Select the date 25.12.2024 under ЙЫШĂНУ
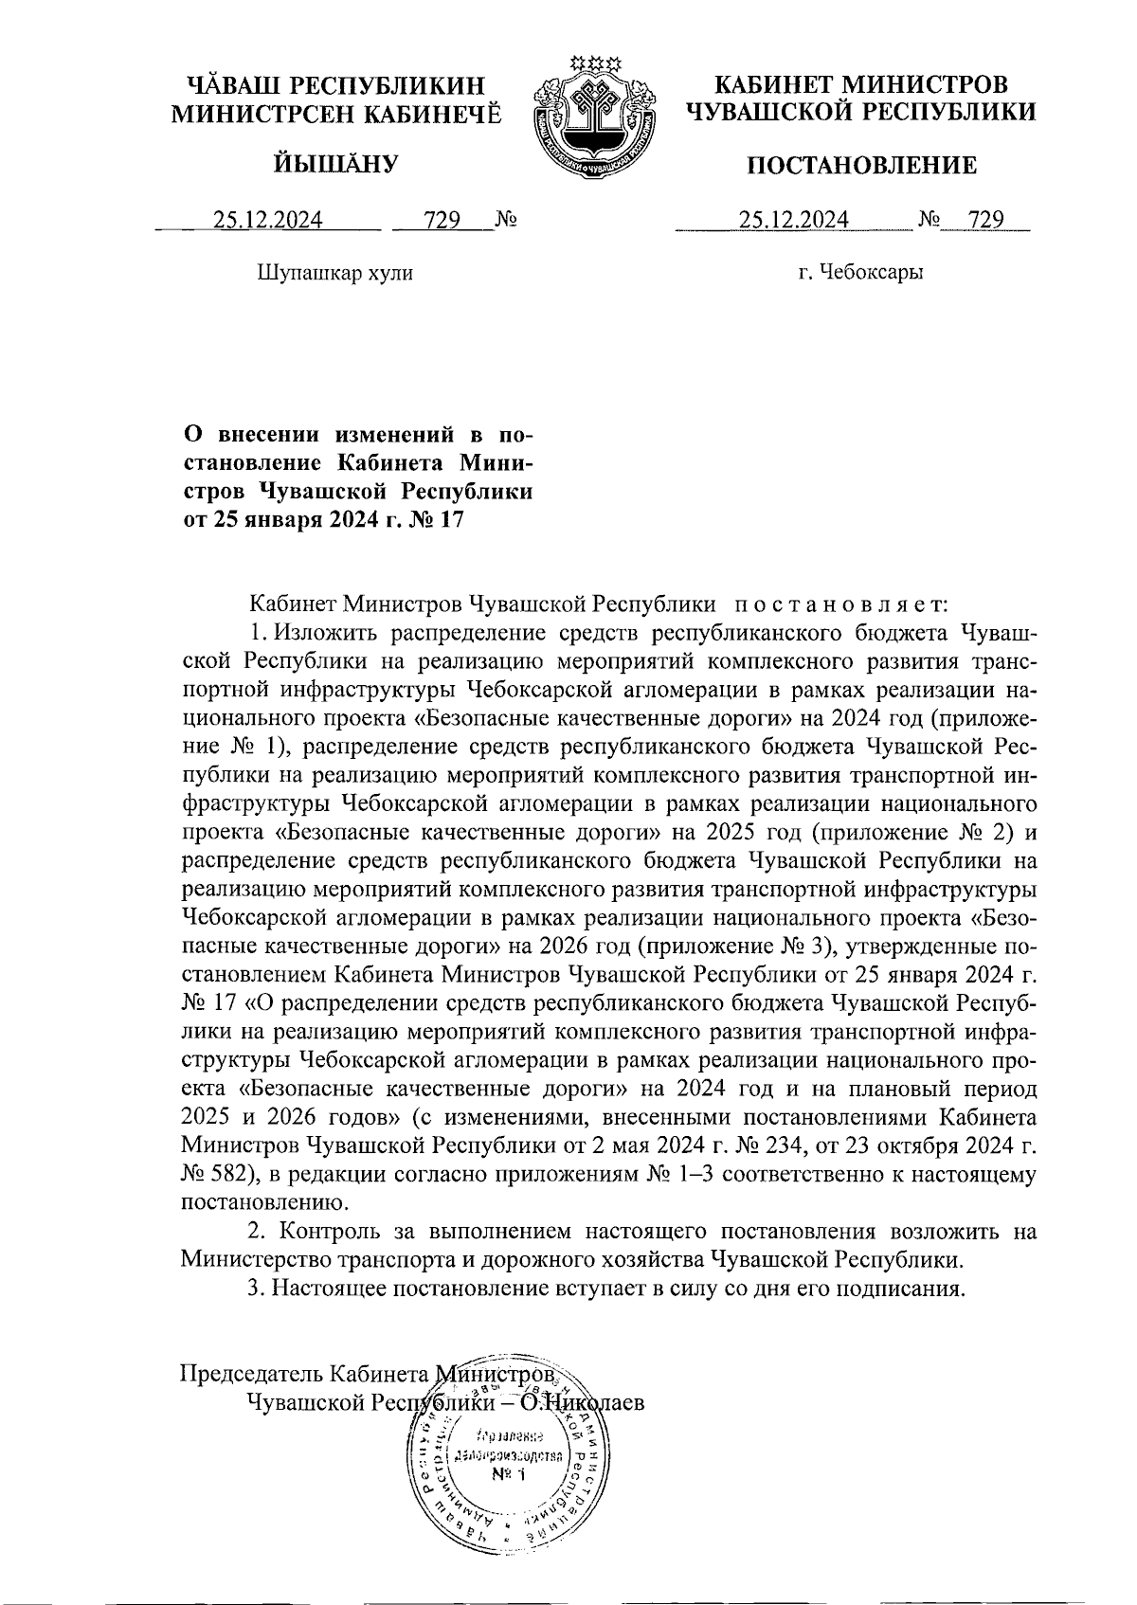[268, 221]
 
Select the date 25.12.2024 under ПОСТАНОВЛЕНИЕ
[794, 221]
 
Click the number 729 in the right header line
[985, 221]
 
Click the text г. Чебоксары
[860, 274]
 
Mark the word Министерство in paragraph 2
[252, 1260]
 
